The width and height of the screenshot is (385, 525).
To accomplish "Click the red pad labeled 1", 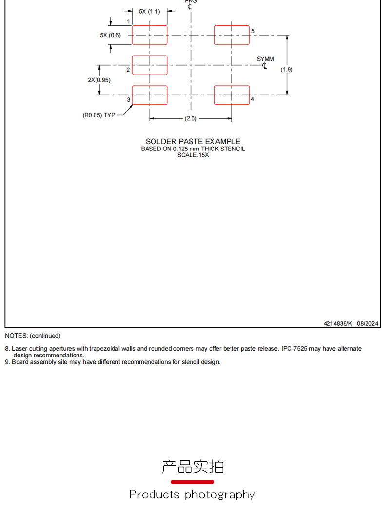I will point(150,35).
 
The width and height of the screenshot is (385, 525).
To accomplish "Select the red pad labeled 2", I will point(150,65).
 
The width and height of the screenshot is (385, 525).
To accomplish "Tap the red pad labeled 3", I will point(150,95).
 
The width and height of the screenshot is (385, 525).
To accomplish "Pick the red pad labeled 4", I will point(232,95).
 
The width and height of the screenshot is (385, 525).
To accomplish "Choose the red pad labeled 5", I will point(232,35).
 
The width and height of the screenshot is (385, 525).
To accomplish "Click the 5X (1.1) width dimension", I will point(149,11).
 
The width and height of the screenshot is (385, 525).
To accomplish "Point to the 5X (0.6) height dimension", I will point(110,35).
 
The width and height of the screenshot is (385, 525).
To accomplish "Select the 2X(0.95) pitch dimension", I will point(99,80).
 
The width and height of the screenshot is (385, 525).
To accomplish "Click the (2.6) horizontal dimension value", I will point(191,118).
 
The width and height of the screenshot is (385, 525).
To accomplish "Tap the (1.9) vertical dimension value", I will point(287,70).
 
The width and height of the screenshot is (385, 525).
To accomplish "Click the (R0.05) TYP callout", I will point(99,115).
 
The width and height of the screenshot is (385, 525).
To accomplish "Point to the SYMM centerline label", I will point(265,59).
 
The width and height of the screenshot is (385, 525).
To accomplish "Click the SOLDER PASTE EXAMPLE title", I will point(193,141).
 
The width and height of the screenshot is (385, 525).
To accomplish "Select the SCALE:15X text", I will point(193,155).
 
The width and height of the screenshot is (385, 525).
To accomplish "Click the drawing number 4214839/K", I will point(338,323).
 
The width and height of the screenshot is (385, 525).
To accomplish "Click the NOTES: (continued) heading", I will point(33,336).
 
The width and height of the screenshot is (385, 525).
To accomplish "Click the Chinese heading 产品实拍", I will point(192,467).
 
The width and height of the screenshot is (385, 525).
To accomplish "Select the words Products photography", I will point(192,494).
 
